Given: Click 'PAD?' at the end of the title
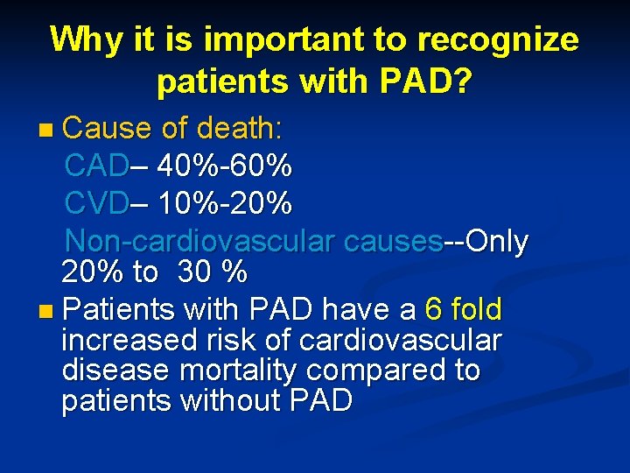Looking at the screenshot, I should click(427, 82).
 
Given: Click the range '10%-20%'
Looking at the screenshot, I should click(226, 204).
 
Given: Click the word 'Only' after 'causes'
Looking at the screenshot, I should click(497, 241).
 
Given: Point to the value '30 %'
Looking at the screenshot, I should click(213, 272).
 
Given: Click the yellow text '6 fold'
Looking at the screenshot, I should click(462, 309).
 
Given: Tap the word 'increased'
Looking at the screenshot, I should click(129, 340).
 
